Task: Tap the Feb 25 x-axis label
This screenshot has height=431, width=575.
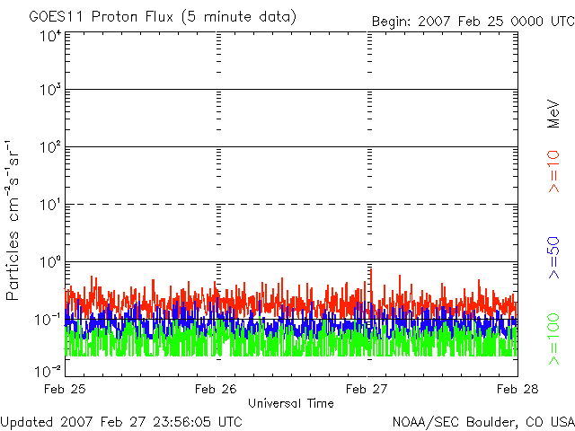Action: point(65,389)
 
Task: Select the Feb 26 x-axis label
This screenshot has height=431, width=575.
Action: point(216,389)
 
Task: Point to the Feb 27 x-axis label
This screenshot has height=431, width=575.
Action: point(367,389)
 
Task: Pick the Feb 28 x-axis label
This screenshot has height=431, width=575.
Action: point(517,389)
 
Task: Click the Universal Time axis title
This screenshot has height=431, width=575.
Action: point(291,403)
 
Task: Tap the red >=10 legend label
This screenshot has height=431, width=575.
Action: point(553,172)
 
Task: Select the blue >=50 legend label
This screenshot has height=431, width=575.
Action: point(553,258)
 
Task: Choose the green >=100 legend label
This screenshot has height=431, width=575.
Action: point(553,339)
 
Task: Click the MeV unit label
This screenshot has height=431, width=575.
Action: point(553,114)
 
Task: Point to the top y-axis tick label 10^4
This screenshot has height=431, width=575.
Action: point(50,36)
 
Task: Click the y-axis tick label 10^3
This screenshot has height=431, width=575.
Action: point(50,89)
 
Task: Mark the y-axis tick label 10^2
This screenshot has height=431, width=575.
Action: point(50,147)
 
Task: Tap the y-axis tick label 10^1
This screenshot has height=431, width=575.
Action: point(50,205)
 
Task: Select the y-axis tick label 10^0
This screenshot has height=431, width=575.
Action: point(50,262)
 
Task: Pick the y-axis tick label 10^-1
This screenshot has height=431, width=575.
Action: point(48,320)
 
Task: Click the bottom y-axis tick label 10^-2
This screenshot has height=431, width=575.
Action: point(48,371)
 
